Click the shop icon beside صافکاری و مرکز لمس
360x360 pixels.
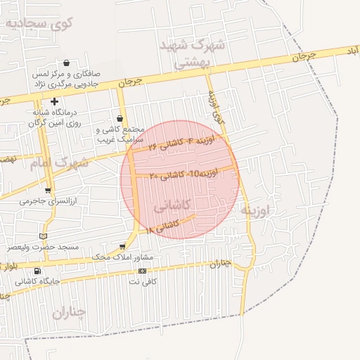[x=65, y=63]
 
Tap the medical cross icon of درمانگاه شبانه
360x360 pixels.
[x=54, y=102]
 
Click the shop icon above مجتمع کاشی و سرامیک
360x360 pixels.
[x=120, y=118]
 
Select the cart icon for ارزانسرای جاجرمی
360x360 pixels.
[x=47, y=190]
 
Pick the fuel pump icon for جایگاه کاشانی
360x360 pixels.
[x=37, y=271]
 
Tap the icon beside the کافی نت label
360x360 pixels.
[x=142, y=271]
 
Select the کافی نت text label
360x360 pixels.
[x=139, y=281]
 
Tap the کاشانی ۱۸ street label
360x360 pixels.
[x=163, y=226]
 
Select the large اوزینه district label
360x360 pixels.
[x=255, y=210]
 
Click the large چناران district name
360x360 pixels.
[x=68, y=311]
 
